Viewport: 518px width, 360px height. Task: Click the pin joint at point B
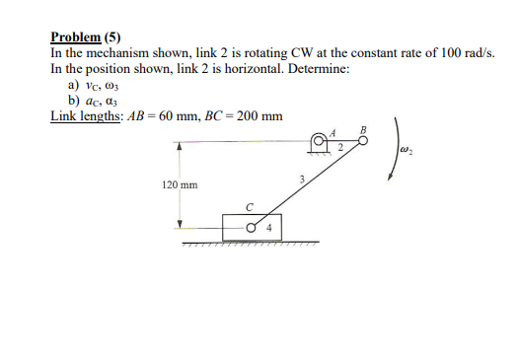(x=363, y=142)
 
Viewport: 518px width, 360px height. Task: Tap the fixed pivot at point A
(x=319, y=142)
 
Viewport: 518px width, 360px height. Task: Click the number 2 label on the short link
(x=339, y=149)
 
